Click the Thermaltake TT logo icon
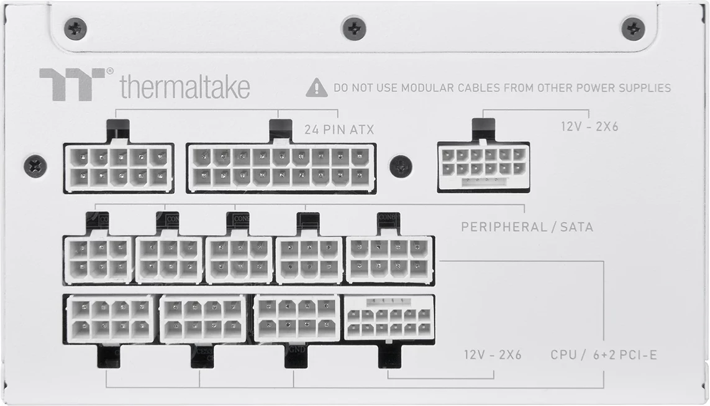click(x=72, y=84)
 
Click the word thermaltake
click(x=184, y=87)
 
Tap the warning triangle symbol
click(x=316, y=88)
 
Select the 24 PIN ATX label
click(x=339, y=129)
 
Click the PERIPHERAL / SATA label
click(x=527, y=226)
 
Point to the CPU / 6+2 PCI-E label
click(x=603, y=355)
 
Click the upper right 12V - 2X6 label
click(x=589, y=127)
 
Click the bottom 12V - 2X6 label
click(x=493, y=355)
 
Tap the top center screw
click(x=353, y=28)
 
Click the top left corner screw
click(x=75, y=28)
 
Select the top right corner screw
click(x=633, y=28)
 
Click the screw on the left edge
click(x=35, y=166)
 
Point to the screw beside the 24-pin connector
click(x=401, y=166)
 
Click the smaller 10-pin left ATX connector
click(x=118, y=167)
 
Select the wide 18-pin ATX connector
click(x=281, y=167)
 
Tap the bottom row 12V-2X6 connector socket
click(x=389, y=317)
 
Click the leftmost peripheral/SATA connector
click(x=98, y=259)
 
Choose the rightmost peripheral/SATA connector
click(x=389, y=259)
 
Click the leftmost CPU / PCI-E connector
click(x=110, y=317)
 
